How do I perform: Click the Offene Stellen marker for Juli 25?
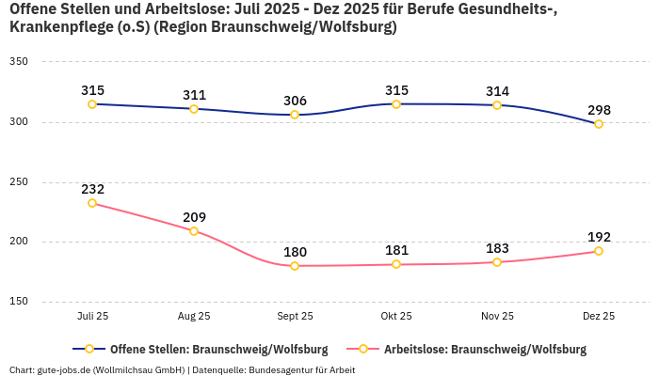click(92, 104)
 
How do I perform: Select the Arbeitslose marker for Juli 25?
click(92, 203)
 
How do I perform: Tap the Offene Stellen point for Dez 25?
click(599, 124)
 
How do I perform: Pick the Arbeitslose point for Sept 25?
click(295, 266)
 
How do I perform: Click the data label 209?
click(194, 217)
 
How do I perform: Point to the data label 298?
click(599, 110)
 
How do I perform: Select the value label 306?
click(295, 101)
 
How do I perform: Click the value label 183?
click(497, 248)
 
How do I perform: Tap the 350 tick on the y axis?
click(18, 62)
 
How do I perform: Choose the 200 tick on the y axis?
click(18, 242)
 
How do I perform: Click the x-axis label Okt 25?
click(396, 316)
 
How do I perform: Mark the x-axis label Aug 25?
click(194, 316)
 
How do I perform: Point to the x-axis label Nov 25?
click(497, 316)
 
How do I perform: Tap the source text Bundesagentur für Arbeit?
click(301, 369)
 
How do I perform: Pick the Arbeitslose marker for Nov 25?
click(497, 262)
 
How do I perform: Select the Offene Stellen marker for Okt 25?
click(396, 104)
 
